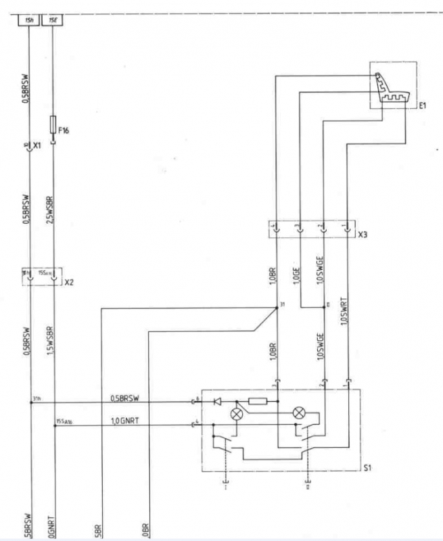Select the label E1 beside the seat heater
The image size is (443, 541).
[x=423, y=105]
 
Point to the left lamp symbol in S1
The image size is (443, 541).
[x=237, y=414]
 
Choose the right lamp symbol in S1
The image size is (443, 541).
[x=298, y=412]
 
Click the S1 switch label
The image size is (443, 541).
[x=369, y=466]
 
